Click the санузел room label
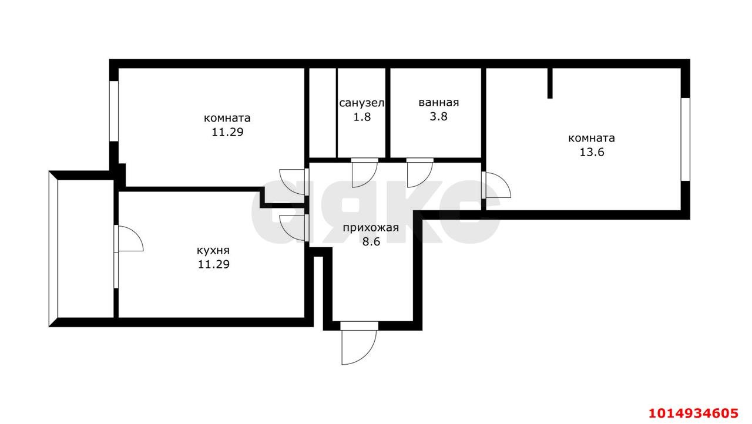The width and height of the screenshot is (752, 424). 362,103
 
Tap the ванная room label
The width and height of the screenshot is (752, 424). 438,102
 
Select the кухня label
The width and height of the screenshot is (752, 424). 213,251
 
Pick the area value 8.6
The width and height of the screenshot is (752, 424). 372,241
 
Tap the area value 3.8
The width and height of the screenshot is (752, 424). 438,116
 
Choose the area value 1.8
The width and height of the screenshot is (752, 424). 362,116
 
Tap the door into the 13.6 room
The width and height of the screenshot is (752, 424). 496,186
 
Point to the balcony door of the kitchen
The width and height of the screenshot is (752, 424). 128,238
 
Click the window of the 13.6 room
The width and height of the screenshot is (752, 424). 685,139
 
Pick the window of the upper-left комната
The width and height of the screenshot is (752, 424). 114,110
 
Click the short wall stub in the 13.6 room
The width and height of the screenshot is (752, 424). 550,83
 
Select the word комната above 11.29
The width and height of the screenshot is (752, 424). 227,118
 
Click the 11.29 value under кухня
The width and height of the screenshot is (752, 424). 213,264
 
